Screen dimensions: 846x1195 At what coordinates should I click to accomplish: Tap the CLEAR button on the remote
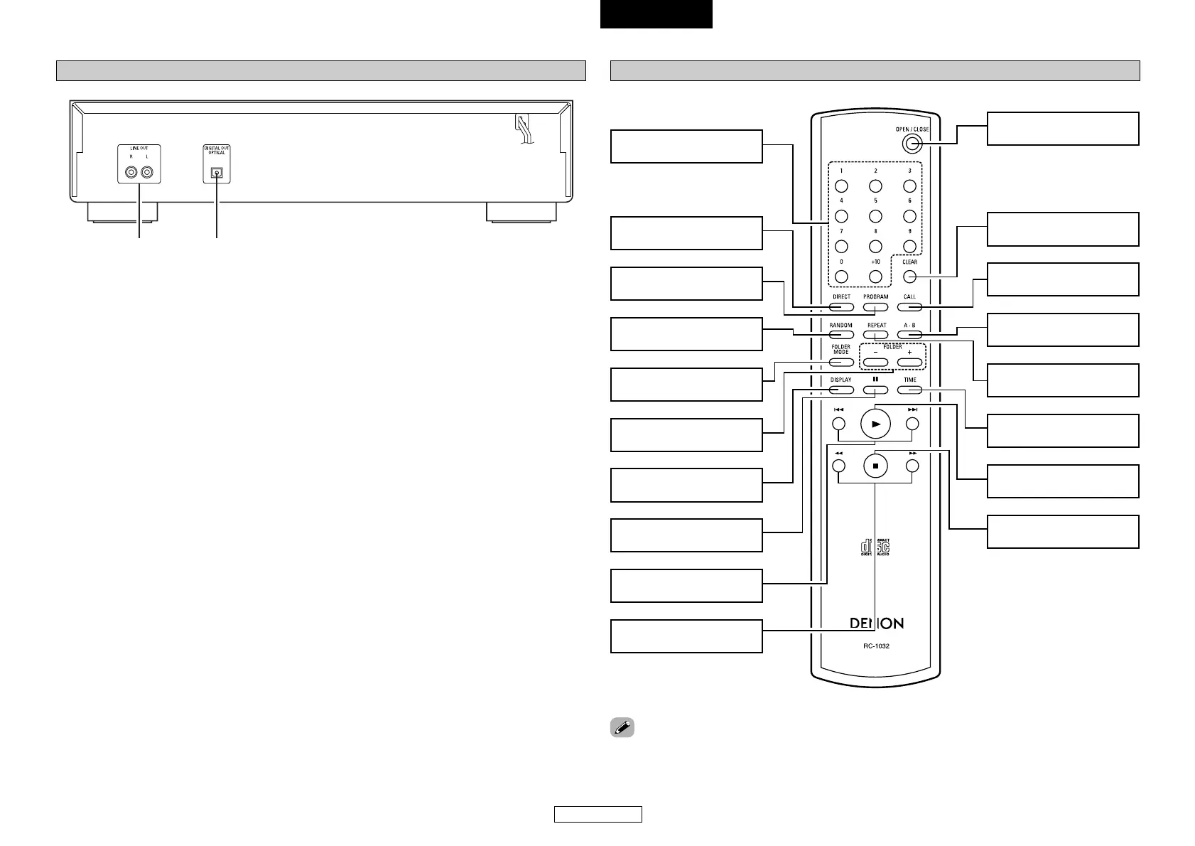point(910,277)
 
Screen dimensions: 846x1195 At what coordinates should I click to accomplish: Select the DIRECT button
point(840,307)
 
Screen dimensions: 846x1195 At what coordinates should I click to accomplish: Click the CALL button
point(909,307)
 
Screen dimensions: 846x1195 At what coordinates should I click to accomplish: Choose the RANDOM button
point(840,334)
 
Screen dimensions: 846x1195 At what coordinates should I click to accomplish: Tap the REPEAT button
point(876,334)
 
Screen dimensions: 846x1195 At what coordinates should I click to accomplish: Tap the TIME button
point(910,390)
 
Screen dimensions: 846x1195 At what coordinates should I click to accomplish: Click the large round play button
point(876,424)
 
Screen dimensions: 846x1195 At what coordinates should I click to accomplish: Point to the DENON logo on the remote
point(877,623)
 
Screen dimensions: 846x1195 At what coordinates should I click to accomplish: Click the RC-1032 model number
point(877,646)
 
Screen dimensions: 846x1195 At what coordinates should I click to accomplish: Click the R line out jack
point(131,172)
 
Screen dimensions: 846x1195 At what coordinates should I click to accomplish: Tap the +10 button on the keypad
point(875,277)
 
